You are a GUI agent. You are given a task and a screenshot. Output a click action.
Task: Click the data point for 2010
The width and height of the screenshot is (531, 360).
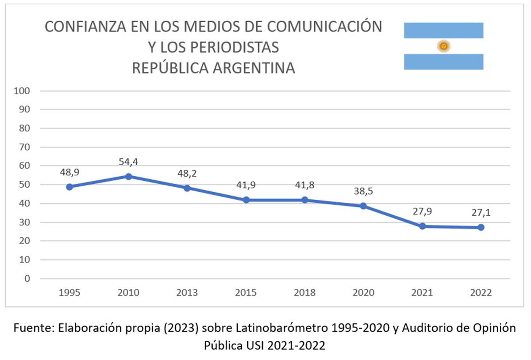coord(128,176)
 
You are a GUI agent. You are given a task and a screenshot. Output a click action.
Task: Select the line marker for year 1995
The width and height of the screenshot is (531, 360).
coord(69,187)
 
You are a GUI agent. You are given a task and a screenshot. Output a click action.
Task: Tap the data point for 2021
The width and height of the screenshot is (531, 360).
coord(422,226)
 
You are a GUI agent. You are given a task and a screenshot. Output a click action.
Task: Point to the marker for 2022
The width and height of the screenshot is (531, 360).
coord(481,228)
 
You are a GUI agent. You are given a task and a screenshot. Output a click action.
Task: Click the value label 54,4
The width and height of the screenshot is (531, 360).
coord(128,162)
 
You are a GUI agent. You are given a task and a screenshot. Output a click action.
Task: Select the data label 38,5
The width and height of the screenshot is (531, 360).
coord(363,191)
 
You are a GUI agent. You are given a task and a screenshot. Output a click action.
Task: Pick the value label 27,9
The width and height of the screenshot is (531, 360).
coord(422,211)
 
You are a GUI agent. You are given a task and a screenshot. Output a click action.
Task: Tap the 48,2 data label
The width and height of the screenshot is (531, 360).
coord(187,173)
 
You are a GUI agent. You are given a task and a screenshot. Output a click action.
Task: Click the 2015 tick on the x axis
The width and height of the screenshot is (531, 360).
coord(246,293)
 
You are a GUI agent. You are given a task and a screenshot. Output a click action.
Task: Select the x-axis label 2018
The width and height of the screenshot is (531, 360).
coord(305,293)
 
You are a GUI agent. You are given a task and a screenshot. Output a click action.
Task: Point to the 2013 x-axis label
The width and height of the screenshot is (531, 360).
coord(187,293)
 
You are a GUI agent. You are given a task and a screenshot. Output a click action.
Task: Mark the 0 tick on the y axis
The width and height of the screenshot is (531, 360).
coord(27,279)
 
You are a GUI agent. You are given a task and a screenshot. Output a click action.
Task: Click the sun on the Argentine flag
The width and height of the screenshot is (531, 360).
coord(443,46)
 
